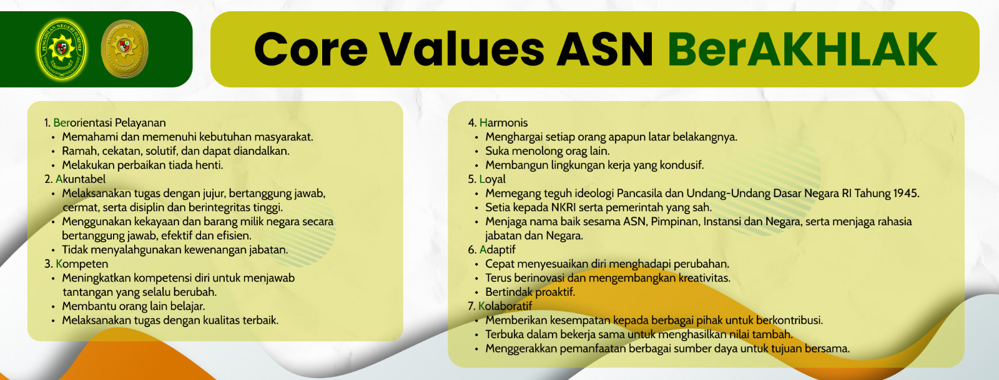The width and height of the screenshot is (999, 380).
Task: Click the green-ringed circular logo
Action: [62, 49]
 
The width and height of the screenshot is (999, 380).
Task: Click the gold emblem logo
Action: [124, 49]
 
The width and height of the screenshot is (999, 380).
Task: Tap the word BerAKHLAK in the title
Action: [802, 49]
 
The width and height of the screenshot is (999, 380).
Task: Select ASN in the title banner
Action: [604, 49]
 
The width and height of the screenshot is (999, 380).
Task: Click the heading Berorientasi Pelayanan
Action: [109, 123]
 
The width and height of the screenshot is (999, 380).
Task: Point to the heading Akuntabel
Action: [81, 179]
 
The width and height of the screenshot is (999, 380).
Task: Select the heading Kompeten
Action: [82, 264]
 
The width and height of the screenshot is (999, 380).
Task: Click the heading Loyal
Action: [492, 179]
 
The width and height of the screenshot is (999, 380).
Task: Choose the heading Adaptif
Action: [497, 250]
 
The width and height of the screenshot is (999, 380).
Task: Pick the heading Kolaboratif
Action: [504, 306]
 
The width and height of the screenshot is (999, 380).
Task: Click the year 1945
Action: [905, 193]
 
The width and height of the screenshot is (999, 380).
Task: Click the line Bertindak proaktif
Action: [530, 292]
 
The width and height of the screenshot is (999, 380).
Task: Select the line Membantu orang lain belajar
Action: [133, 306]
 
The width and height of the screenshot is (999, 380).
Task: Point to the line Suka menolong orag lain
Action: [547, 151]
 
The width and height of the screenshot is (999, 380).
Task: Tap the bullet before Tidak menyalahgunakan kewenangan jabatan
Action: [53, 250]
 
